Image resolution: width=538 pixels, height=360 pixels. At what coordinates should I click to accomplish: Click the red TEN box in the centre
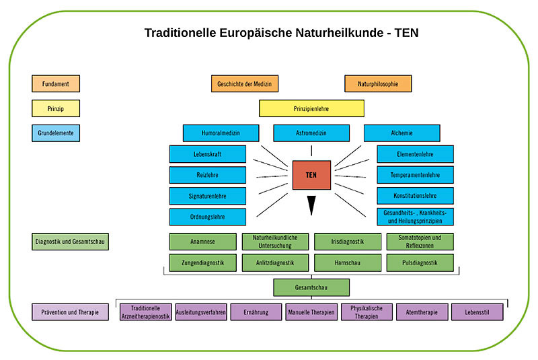311,174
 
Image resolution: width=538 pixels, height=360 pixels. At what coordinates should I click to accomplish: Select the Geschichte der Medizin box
244,83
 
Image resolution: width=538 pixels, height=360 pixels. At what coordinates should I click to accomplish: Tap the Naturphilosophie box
378,83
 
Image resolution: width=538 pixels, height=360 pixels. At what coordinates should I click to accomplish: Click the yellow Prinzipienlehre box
311,108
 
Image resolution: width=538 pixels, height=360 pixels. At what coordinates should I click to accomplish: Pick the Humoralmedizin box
221,133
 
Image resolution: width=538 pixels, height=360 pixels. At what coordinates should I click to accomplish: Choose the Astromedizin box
311,133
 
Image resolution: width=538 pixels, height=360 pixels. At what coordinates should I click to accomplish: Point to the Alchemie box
401,133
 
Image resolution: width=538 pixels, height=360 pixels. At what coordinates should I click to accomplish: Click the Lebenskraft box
207,154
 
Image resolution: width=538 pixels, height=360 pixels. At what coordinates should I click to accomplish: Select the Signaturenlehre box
207,196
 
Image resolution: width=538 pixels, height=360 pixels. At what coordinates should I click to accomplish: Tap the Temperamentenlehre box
415,175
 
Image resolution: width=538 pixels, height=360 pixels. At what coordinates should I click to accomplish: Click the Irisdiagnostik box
348,242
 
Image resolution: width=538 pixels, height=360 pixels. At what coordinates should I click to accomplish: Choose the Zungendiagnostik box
202,262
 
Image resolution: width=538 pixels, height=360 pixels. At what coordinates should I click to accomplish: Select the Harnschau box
348,262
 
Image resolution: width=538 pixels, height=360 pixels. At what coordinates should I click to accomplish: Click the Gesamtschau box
311,287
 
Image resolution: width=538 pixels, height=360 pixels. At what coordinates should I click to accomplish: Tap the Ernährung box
256,312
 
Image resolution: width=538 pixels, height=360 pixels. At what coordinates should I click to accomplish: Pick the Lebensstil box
477,312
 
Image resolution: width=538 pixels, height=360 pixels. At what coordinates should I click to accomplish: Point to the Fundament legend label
55,83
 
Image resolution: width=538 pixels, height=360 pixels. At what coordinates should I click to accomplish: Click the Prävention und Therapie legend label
70,312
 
